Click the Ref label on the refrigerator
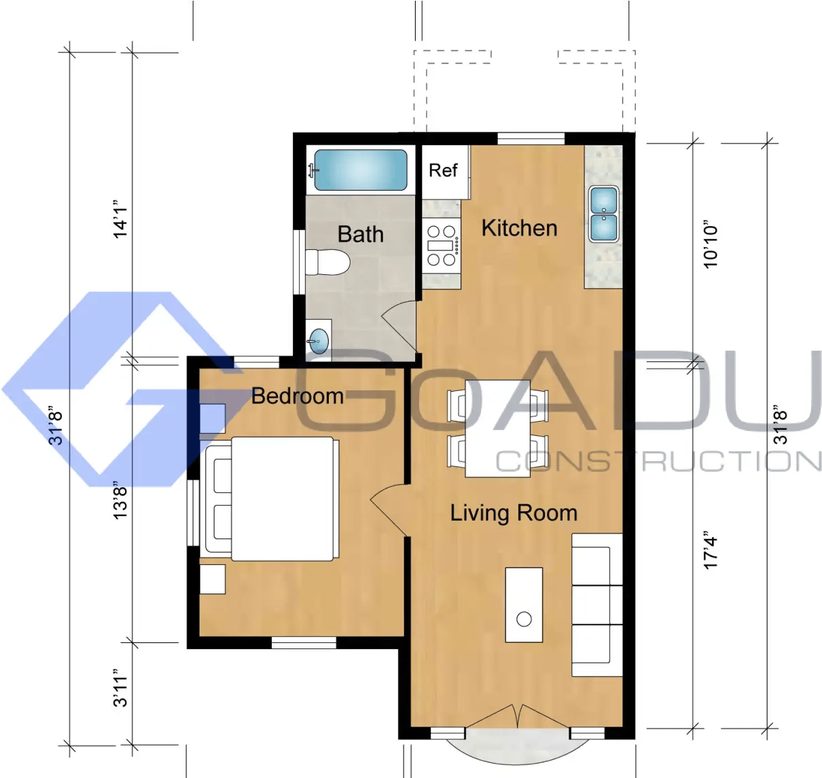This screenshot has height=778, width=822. click(x=443, y=170)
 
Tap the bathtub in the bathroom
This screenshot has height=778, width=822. click(x=361, y=170)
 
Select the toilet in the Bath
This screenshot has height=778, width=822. click(x=327, y=263)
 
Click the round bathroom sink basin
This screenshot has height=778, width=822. click(x=319, y=341)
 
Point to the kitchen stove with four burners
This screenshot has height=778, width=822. click(x=442, y=246)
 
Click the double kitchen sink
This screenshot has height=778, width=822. click(x=603, y=214)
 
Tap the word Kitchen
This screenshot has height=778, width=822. click(x=519, y=228)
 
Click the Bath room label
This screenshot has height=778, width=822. click(x=361, y=234)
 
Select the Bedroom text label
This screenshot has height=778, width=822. click(x=298, y=396)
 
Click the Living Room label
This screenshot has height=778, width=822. click(x=514, y=513)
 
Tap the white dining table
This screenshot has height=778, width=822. click(x=497, y=428)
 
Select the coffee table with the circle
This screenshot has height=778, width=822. click(x=524, y=605)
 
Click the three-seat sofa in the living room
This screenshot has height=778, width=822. click(x=597, y=605)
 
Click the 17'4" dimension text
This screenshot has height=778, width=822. click(x=711, y=551)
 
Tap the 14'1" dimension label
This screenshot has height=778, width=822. click(x=120, y=223)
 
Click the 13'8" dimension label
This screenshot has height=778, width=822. click(x=120, y=500)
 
